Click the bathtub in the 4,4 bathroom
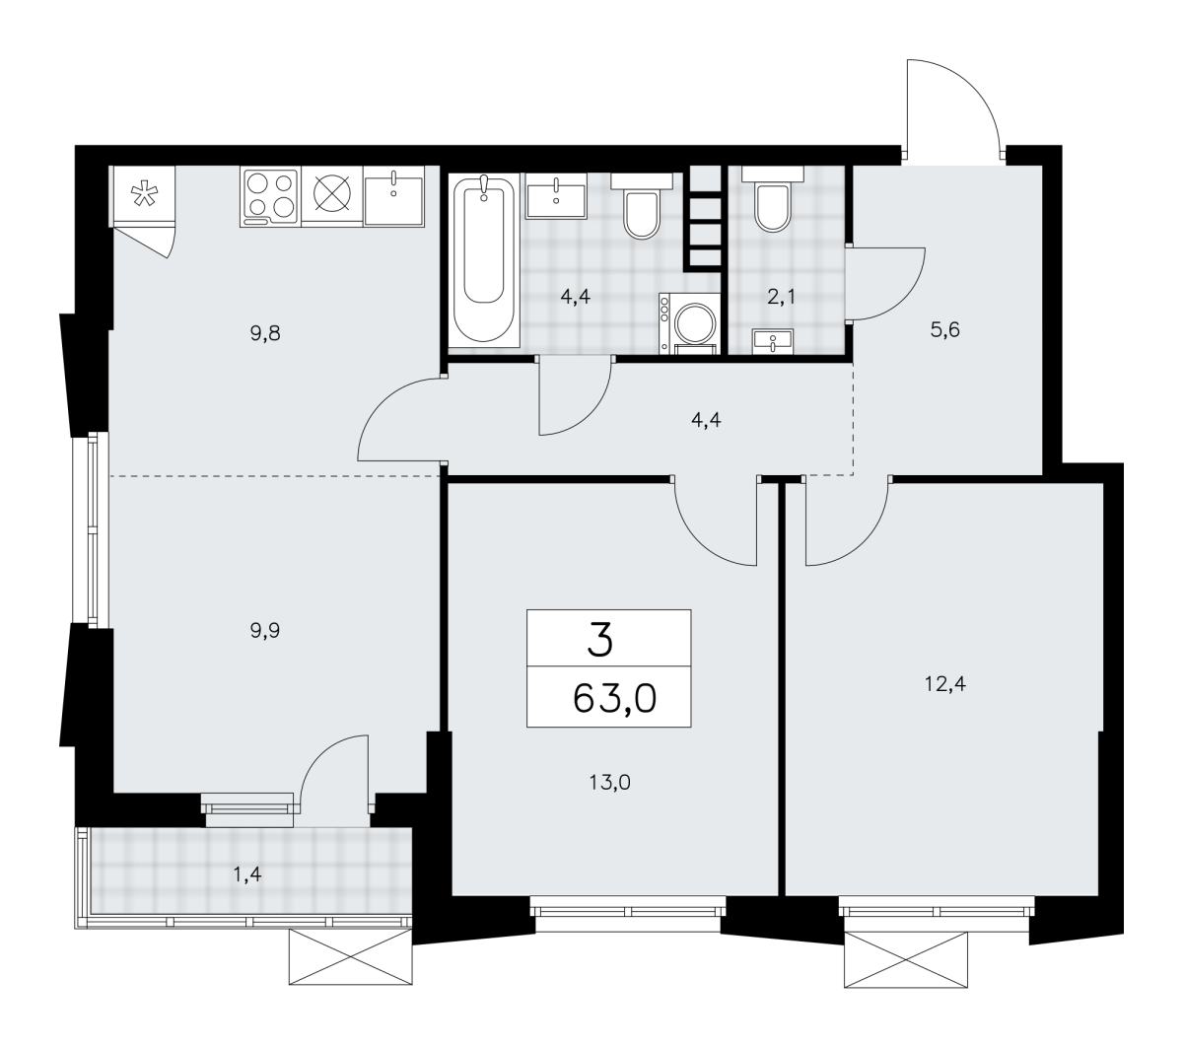pyautogui.click(x=483, y=260)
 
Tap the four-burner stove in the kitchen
pyautogui.click(x=270, y=197)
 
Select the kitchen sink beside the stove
pyautogui.click(x=394, y=197)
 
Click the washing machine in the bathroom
pyautogui.click(x=689, y=323)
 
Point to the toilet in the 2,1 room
pyautogui.click(x=773, y=198)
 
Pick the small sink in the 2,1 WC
pyautogui.click(x=773, y=341)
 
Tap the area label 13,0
pyautogui.click(x=609, y=783)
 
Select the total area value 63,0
pyautogui.click(x=614, y=698)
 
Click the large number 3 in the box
pyautogui.click(x=600, y=639)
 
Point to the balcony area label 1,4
pyautogui.click(x=247, y=874)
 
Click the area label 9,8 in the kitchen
pyautogui.click(x=265, y=334)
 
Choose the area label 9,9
pyautogui.click(x=265, y=631)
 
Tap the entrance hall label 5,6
pyautogui.click(x=944, y=330)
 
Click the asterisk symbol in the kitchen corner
pyautogui.click(x=143, y=194)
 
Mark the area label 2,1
pyautogui.click(x=781, y=298)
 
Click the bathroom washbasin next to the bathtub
pyautogui.click(x=556, y=196)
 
